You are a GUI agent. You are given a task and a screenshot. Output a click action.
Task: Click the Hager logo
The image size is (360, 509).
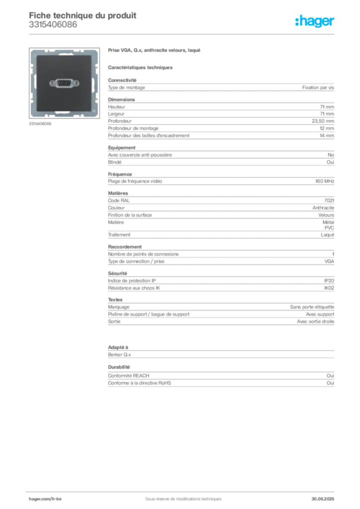click(x=315, y=21)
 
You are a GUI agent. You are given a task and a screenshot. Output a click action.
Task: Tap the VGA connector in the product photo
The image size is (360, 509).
click(x=64, y=84)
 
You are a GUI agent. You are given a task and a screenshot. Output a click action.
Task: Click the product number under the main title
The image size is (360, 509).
click(x=53, y=25)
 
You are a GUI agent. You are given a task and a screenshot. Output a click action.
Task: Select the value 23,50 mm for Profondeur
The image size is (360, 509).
click(x=323, y=121)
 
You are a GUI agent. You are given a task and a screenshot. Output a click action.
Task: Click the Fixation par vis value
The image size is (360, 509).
click(x=318, y=87)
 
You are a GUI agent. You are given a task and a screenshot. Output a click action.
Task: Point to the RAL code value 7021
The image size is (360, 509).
click(x=329, y=201)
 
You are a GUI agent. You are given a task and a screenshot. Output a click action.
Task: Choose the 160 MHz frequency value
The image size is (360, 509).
click(x=325, y=181)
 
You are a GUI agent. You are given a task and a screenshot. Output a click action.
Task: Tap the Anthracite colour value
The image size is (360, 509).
click(x=323, y=208)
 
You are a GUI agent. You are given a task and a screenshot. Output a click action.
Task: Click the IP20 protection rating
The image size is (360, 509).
click(x=329, y=281)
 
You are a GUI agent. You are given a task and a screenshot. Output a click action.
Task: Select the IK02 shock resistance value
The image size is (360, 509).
click(x=329, y=288)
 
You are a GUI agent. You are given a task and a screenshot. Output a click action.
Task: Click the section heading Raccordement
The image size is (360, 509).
click(x=125, y=247)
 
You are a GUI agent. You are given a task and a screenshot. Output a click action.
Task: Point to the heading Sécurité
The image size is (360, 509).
click(x=117, y=273)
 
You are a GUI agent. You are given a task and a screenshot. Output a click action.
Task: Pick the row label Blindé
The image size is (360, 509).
click(x=115, y=162)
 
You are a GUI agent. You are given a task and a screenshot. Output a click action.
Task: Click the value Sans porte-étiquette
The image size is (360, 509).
click(x=312, y=307)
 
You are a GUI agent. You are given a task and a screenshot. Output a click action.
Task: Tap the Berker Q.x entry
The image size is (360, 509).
click(x=119, y=355)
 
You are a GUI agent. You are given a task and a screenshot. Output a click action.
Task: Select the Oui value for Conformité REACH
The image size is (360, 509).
click(x=331, y=376)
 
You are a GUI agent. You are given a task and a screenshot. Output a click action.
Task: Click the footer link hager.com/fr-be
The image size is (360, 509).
click(x=45, y=499)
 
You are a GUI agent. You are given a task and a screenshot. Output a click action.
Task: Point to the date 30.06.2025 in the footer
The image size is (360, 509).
click(x=323, y=499)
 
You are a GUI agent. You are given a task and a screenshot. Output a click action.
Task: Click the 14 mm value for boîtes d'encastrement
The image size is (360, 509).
click(x=327, y=136)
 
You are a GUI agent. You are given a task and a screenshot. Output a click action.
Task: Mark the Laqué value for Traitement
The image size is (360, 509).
click(x=328, y=235)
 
